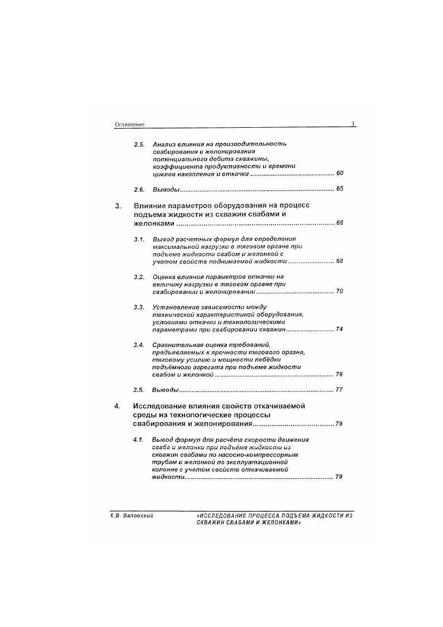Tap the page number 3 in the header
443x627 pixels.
click(353, 124)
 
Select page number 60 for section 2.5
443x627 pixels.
click(340, 173)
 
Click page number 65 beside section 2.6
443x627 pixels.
click(340, 189)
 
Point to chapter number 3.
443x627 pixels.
click(118, 205)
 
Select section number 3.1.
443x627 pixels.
click(139, 239)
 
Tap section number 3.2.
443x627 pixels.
click(139, 277)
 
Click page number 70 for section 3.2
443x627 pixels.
click(340, 291)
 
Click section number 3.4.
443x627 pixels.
click(139, 345)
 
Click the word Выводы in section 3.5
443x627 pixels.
click(165, 389)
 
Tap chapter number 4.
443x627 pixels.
click(117, 406)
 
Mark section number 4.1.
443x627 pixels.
click(139, 440)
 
